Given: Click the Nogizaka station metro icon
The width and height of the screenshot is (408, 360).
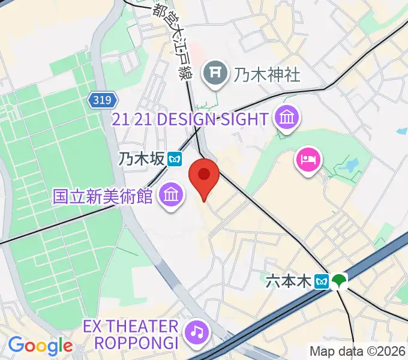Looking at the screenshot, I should (175, 158).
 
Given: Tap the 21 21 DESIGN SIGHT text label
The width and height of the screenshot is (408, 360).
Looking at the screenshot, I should (190, 119).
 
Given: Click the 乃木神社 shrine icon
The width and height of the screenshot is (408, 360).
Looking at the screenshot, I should (214, 74).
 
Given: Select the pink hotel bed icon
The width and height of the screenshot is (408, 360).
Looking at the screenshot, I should (308, 160).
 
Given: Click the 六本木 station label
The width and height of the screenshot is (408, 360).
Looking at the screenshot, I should (289, 280).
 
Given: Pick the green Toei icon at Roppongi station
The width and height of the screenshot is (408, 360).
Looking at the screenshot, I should (340, 281).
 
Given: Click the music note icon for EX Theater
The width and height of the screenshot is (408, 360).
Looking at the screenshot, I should (196, 331).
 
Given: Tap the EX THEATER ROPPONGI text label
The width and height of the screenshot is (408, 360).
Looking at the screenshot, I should (131, 335).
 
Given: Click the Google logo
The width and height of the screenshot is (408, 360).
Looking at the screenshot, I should (40, 346).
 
